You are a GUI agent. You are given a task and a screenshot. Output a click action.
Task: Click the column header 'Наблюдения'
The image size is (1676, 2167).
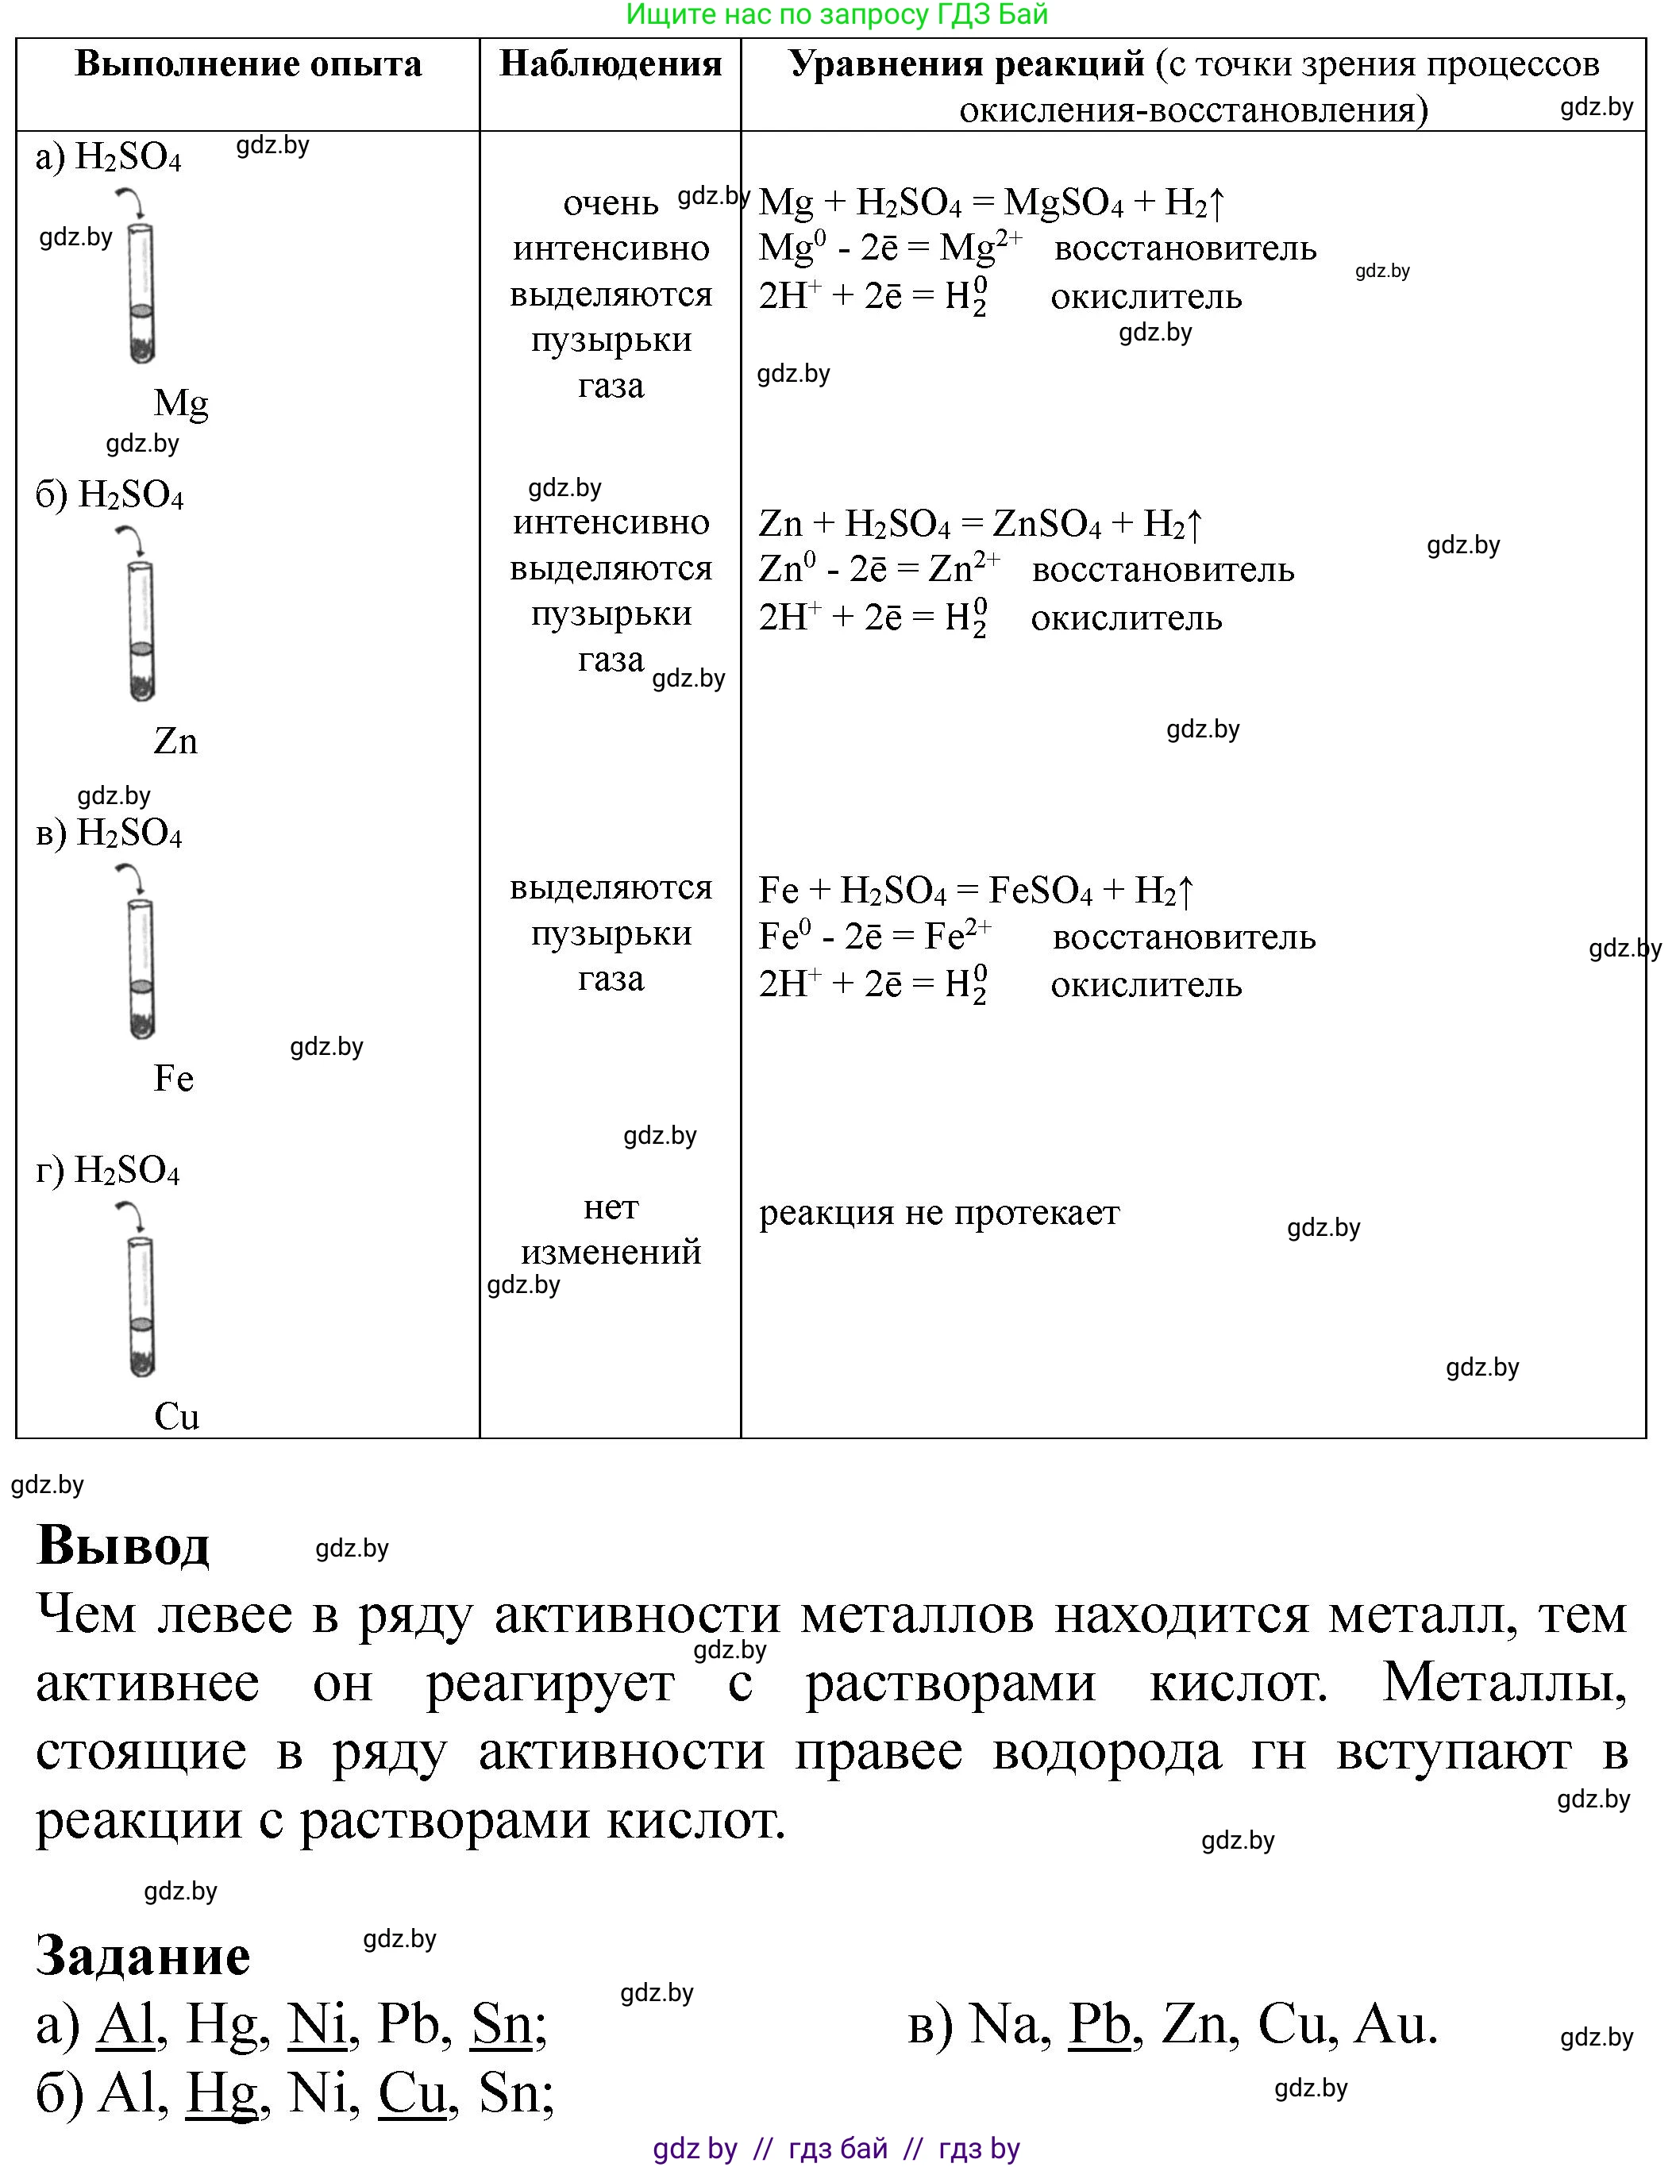[x=611, y=64]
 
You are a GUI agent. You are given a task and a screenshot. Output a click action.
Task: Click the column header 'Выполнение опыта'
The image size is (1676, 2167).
[x=248, y=64]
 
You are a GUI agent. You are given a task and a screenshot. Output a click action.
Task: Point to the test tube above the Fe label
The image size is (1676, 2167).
[x=142, y=969]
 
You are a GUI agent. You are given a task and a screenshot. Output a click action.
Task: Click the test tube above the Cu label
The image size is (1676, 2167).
[x=142, y=1307]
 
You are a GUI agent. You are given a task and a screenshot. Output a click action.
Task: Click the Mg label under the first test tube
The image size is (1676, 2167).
[x=180, y=403]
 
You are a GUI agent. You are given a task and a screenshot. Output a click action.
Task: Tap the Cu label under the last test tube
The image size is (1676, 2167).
[x=176, y=1416]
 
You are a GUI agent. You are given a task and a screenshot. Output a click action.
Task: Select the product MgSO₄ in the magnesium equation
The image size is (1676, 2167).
[x=1063, y=203]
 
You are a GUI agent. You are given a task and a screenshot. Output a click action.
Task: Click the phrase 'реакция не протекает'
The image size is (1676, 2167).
[x=938, y=1213]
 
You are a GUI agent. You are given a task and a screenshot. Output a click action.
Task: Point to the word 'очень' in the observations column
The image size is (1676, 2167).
[x=611, y=203]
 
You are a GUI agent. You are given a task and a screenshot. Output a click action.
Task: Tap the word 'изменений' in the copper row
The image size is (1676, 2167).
[x=611, y=1253]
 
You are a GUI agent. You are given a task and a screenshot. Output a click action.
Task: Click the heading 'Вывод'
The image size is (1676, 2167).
[x=123, y=1545]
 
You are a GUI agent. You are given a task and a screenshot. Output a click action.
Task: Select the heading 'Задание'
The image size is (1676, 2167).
[x=143, y=1954]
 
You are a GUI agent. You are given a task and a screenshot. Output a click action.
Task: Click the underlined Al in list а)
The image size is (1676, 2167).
[x=126, y=2024]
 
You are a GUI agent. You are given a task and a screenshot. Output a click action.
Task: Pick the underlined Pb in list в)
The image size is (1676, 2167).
[x=1099, y=2024]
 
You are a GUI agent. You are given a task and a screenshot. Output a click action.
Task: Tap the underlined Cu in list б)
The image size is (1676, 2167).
[x=412, y=2094]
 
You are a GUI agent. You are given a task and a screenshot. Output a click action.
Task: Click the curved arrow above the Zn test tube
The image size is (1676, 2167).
[x=131, y=540]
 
